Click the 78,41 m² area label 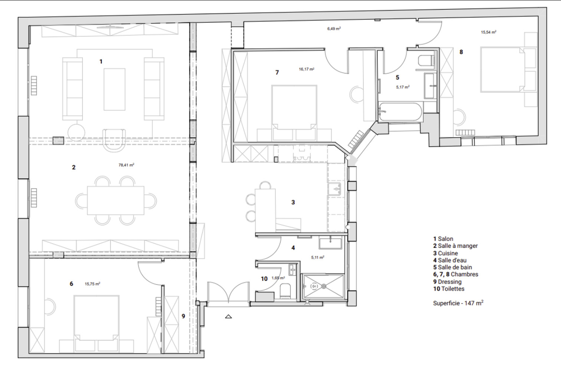(126, 165)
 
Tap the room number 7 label (277, 73)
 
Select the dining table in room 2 (115, 201)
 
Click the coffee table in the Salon (114, 89)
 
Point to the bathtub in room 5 (400, 112)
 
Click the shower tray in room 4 (323, 286)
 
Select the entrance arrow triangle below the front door (228, 316)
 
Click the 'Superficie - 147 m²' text (458, 303)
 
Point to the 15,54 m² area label (488, 32)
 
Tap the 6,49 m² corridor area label (334, 29)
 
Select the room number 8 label (461, 52)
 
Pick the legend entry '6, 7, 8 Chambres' (456, 274)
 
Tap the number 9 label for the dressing (183, 316)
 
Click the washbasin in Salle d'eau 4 (330, 243)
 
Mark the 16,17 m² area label (306, 69)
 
